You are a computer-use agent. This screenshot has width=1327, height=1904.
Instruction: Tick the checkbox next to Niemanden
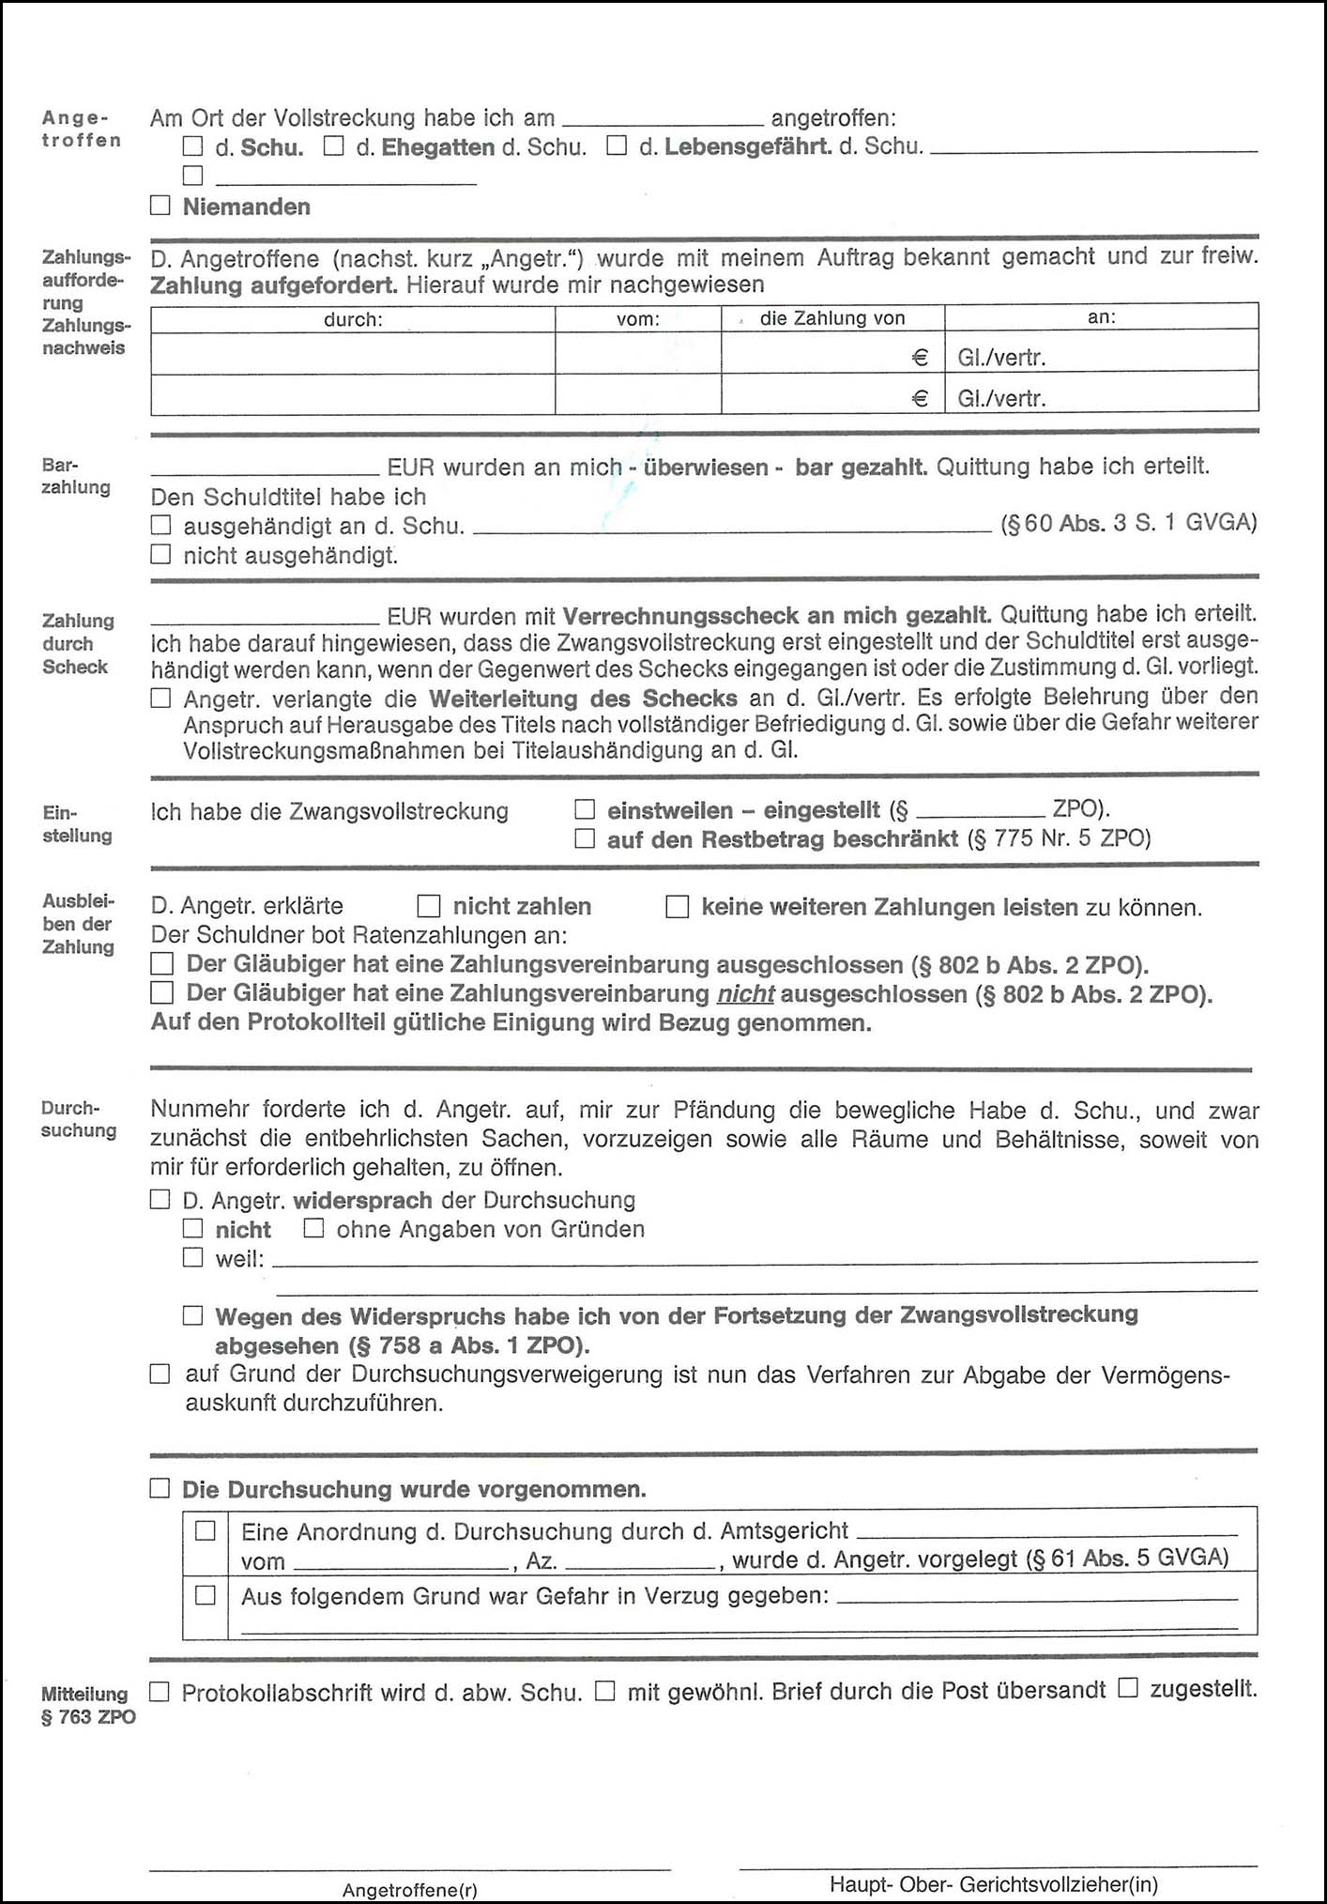pyautogui.click(x=160, y=206)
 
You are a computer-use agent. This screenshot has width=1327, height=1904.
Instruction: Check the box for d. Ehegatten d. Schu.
pyautogui.click(x=333, y=146)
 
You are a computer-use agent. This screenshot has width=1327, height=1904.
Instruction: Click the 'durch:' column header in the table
pyautogui.click(x=353, y=319)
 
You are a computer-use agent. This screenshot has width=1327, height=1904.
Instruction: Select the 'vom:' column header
pyautogui.click(x=638, y=319)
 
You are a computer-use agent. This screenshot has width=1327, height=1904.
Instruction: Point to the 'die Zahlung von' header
pyautogui.click(x=832, y=318)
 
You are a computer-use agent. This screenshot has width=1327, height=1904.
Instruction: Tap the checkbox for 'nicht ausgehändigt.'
pyautogui.click(x=161, y=555)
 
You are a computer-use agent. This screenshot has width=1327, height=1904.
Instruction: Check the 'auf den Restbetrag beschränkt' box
pyautogui.click(x=585, y=838)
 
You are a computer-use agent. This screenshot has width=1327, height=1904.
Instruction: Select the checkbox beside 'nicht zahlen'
pyautogui.click(x=429, y=906)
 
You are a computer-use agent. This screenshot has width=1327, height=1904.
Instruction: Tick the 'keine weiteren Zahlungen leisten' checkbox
pyautogui.click(x=677, y=907)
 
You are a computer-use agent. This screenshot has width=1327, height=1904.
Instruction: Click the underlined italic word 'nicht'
pyautogui.click(x=746, y=993)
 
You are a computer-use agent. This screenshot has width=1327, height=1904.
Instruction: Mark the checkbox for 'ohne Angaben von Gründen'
pyautogui.click(x=314, y=1228)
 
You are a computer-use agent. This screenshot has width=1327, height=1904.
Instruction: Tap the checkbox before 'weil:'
pyautogui.click(x=193, y=1257)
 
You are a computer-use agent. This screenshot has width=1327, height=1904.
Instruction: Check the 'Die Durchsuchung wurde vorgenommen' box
pyautogui.click(x=160, y=1488)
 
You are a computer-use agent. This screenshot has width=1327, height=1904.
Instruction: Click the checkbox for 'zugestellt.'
pyautogui.click(x=1128, y=1689)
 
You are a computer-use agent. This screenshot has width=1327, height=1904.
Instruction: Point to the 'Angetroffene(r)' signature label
pyautogui.click(x=410, y=1889)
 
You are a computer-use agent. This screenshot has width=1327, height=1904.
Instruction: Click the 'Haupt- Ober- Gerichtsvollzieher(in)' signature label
pyautogui.click(x=994, y=1883)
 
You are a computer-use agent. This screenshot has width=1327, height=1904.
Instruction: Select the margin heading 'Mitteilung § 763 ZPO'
pyautogui.click(x=87, y=1705)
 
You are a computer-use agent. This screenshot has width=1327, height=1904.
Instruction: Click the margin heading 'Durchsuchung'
pyautogui.click(x=78, y=1119)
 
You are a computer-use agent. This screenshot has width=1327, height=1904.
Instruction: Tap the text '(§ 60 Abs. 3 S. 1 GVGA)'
pyautogui.click(x=1129, y=523)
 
